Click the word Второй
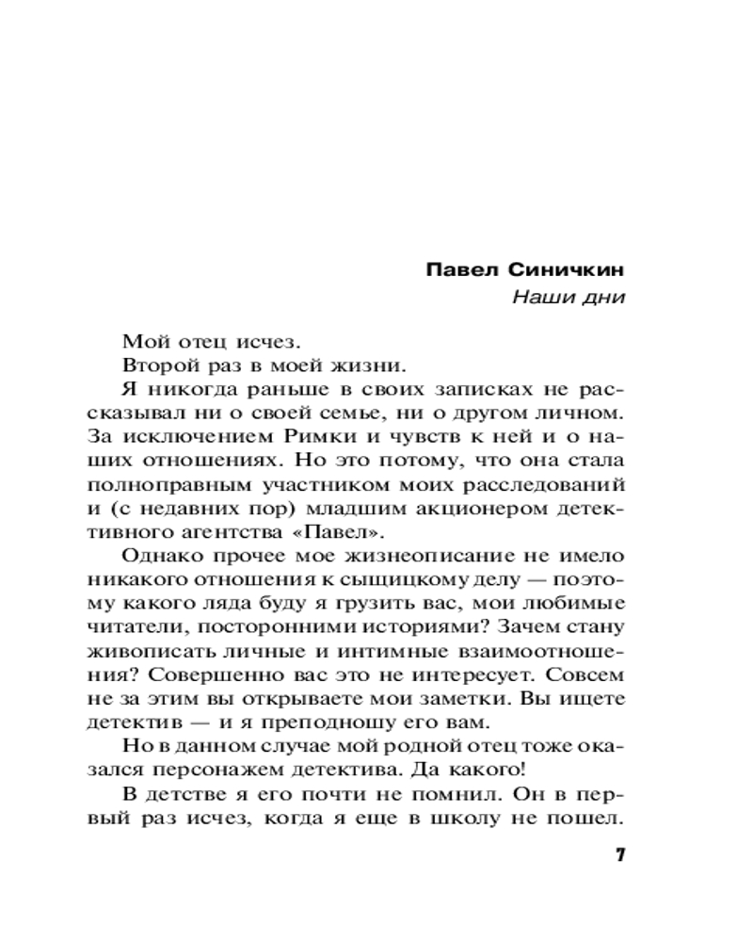click(x=152, y=364)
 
